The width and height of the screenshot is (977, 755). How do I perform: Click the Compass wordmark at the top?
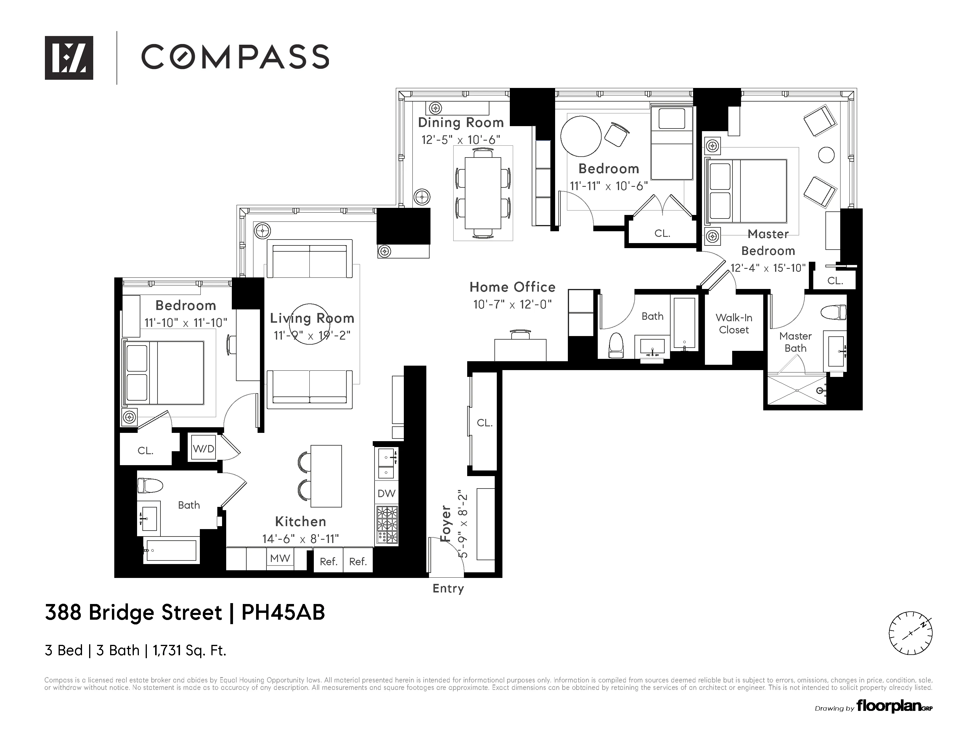[x=235, y=57]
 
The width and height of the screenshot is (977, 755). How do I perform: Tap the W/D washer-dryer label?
[x=204, y=449]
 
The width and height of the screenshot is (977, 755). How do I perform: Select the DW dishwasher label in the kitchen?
[x=386, y=493]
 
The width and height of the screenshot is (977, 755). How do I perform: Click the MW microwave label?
[x=280, y=558]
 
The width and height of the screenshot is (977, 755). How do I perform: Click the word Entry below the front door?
[x=448, y=589]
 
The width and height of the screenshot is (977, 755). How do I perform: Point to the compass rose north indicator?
[x=910, y=633]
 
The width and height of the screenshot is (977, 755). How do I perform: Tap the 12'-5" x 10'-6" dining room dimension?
[x=461, y=140]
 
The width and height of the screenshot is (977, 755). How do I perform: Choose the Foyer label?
[x=446, y=523]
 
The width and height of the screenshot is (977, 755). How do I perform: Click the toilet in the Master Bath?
[x=834, y=312]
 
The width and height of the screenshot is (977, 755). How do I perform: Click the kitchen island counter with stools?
[x=326, y=476]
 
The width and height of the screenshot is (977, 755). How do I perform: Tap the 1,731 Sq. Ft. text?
[x=190, y=650]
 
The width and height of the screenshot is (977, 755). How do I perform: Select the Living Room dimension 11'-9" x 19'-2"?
[x=312, y=335]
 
